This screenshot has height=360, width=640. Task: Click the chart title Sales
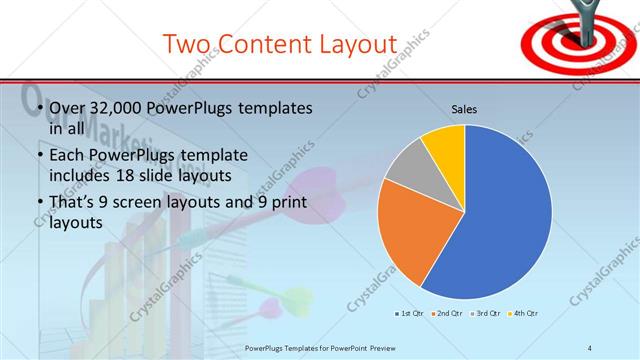click(464, 109)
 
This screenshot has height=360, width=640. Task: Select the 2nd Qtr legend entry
click(445, 314)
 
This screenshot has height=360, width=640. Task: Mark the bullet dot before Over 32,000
click(38, 108)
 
